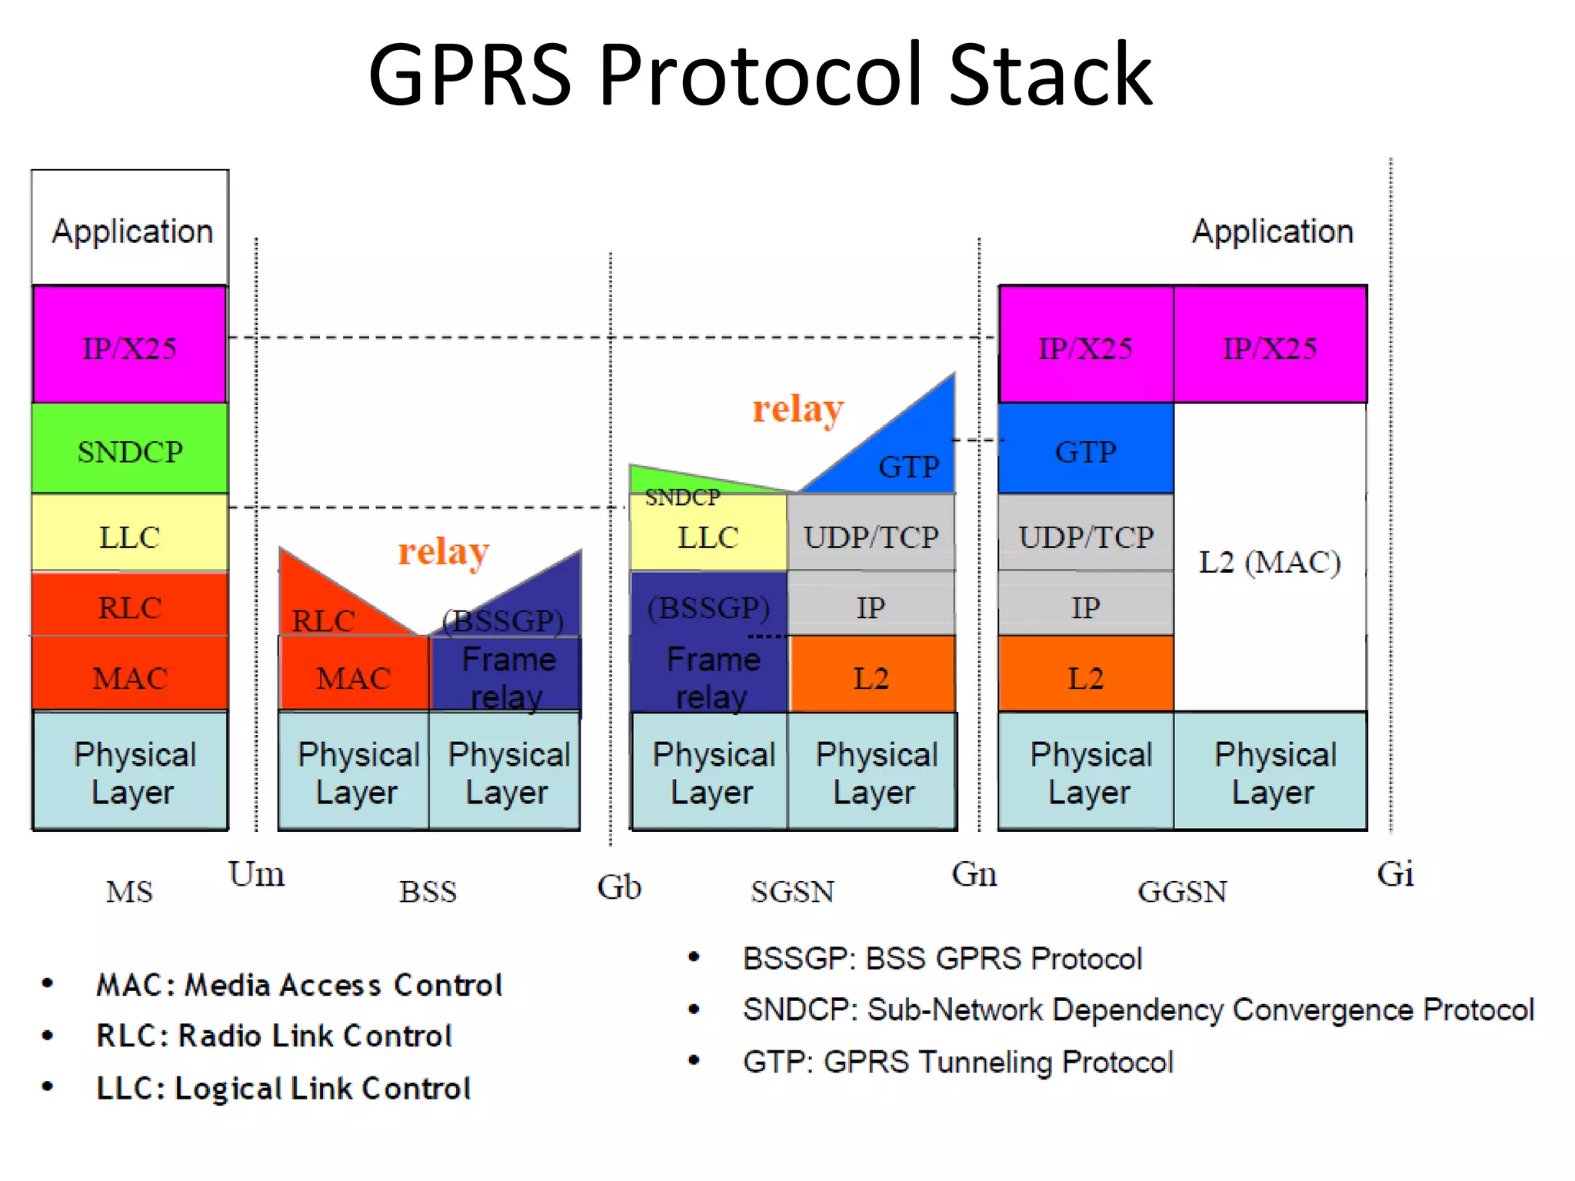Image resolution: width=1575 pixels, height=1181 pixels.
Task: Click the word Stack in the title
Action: pyautogui.click(x=1051, y=75)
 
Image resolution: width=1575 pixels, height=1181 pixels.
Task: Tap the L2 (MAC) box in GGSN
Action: pyautogui.click(x=1270, y=561)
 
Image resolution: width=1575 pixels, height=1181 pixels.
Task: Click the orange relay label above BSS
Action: pyautogui.click(x=443, y=551)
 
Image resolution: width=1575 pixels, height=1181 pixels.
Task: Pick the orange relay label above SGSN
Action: pyautogui.click(x=797, y=409)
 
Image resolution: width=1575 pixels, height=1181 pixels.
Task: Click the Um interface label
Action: pyautogui.click(x=256, y=874)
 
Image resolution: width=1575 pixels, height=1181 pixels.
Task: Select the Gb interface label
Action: pyautogui.click(x=619, y=887)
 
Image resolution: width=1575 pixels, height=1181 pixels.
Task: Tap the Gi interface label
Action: pyautogui.click(x=1395, y=874)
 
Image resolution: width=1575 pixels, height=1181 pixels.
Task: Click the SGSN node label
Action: pyautogui.click(x=792, y=892)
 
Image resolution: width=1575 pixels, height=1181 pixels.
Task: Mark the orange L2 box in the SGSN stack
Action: pyautogui.click(x=871, y=677)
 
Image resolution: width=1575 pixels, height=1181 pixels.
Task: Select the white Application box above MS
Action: pyautogui.click(x=131, y=229)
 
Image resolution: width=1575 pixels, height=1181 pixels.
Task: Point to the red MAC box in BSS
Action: pyautogui.click(x=353, y=677)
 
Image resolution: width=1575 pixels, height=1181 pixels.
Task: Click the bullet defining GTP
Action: pyautogui.click(x=957, y=1062)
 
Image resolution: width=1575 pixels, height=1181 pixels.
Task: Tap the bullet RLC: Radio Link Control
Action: pyautogui.click(x=273, y=1036)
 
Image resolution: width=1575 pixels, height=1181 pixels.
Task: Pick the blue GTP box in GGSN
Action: pyautogui.click(x=1085, y=451)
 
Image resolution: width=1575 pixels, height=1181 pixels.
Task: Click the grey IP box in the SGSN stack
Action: pyautogui.click(x=871, y=607)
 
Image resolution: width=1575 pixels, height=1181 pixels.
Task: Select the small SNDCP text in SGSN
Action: pyautogui.click(x=682, y=497)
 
